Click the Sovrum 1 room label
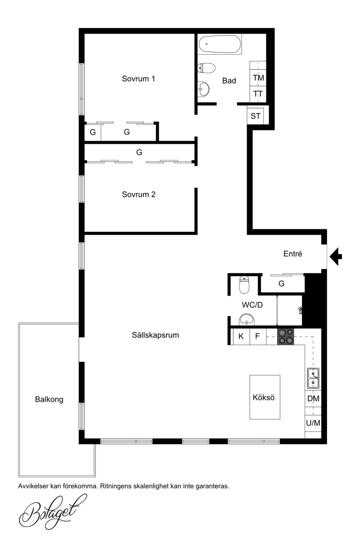pos(138,79)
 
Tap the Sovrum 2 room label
pos(139,194)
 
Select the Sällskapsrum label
pos(155,335)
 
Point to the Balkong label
pos(49,399)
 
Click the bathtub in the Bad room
pos(220,44)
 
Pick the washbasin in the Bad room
pos(203,89)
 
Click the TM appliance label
pos(258,78)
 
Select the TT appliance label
pos(258,94)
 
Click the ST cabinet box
pos(255,116)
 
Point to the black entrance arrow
pos(336,256)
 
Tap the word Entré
pos(293,254)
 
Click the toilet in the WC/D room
pos(244,285)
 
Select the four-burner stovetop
pos(285,337)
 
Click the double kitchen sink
pos(313,378)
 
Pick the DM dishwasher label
pos(313,399)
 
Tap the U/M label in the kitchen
pos(313,423)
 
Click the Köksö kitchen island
pos(265,397)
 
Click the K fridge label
pos(241,336)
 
